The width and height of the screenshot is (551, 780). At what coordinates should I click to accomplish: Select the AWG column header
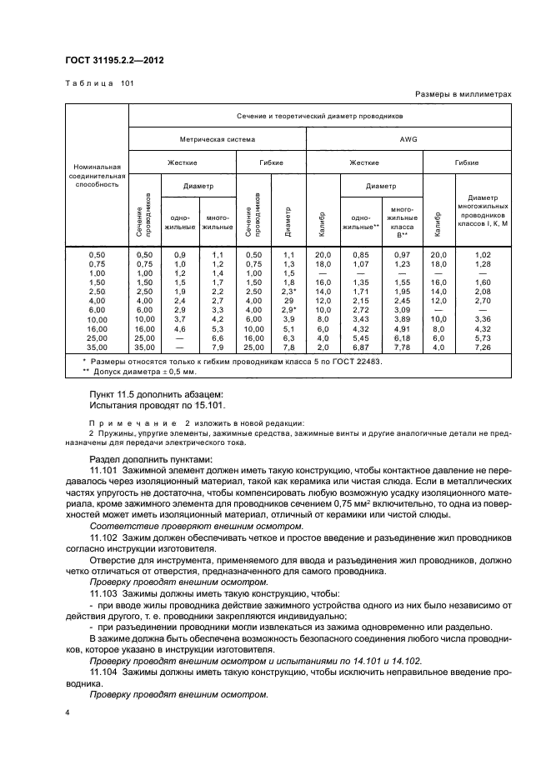point(408,139)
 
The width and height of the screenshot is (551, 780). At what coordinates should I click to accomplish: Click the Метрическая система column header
point(218,139)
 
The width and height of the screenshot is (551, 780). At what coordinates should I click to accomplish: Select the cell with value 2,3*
point(289,292)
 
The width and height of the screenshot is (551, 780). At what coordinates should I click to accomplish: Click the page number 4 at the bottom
point(68,712)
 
